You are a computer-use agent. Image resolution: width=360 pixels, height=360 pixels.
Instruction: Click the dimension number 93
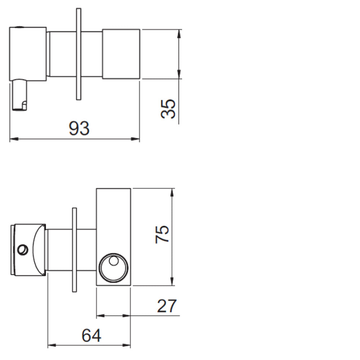79,128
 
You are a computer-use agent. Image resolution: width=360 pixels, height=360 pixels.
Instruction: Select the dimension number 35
168,109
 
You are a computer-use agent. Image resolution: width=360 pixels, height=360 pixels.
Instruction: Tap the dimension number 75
162,234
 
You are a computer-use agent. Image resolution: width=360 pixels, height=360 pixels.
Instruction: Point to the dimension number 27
167,306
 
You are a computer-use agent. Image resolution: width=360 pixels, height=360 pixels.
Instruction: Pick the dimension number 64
91,336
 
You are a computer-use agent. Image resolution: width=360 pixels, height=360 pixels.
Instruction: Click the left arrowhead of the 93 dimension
14,139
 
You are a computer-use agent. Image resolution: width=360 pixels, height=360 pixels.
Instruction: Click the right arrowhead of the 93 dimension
135,139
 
